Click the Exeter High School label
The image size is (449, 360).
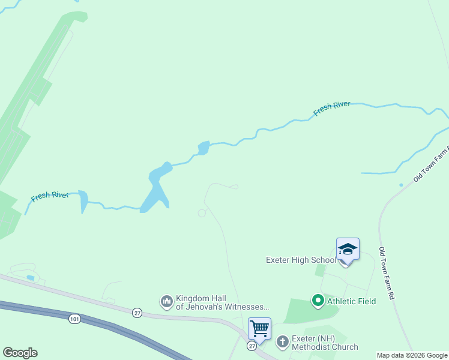pos(301,260)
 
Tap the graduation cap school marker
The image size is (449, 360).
pos(348,249)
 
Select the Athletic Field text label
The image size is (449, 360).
pos(351,301)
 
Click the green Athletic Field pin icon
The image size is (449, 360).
pos(318,301)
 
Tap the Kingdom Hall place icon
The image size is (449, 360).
pos(166,301)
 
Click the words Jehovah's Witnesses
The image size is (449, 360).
pos(222,307)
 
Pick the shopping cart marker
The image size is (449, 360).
pos(259,328)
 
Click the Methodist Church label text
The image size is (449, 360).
pos(324,347)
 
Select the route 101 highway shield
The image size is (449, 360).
pos(74,318)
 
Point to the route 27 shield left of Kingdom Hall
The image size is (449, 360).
pos(137,313)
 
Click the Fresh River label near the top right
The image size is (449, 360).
pos(332,109)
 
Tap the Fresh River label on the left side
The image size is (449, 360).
pos(50,196)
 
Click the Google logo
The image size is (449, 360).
pos(20,353)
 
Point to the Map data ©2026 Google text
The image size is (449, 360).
pos(412,355)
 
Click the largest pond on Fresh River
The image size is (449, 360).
pos(157,189)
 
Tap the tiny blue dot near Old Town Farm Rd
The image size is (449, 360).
pos(401,185)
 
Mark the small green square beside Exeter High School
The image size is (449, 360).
pos(320,270)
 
